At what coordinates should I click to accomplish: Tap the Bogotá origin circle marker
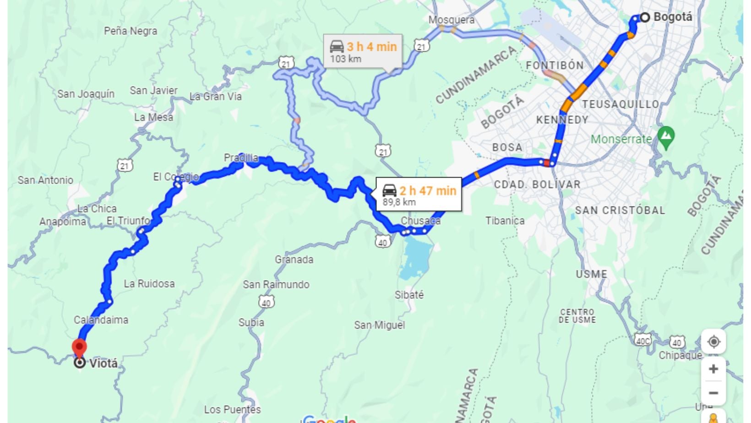point(645,17)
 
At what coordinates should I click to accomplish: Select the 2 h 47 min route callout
point(419,195)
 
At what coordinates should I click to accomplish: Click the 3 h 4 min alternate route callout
point(363,51)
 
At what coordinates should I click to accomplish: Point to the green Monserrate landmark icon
point(666,137)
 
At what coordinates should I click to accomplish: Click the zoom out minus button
point(713,393)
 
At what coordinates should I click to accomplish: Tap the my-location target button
point(713,342)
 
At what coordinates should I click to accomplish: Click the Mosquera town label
point(451,20)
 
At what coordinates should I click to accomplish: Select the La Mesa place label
point(153,117)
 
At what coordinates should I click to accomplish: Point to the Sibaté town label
point(409,295)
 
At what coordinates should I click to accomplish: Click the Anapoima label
point(63,222)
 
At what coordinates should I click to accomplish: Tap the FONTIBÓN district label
point(555,65)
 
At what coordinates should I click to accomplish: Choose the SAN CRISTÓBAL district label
point(620,211)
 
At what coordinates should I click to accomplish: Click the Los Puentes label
point(232,409)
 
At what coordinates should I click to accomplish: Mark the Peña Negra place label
point(131,31)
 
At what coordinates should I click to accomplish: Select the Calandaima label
point(101,320)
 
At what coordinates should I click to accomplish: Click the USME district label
point(591,274)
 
